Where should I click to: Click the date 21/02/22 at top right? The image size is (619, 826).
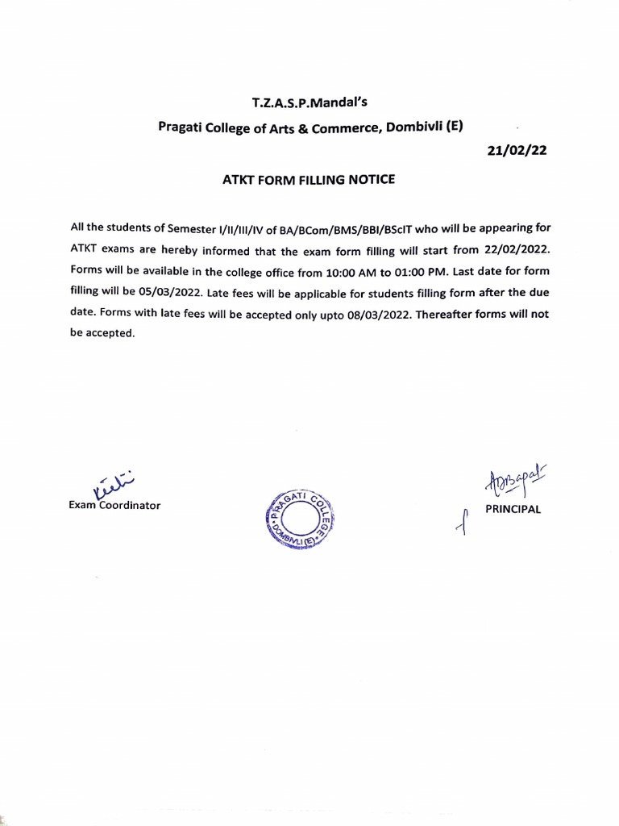517,150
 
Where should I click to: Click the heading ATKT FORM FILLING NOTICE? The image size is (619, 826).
309,180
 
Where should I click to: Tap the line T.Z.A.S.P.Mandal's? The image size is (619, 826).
309,102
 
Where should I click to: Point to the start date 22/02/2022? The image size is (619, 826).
516,250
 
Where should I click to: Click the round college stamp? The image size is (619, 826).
299,518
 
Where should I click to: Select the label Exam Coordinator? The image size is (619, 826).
114,506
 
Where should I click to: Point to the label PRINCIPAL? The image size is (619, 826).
513,509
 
